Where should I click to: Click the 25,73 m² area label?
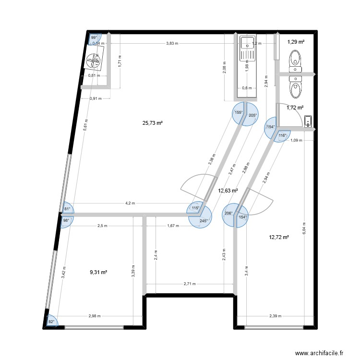[153, 123]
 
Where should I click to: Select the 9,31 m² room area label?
[98, 272]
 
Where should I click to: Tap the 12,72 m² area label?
[279, 237]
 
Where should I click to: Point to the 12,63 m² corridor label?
[228, 191]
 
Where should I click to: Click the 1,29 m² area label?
[296, 42]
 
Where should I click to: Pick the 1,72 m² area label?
[295, 108]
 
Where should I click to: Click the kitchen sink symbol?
[247, 48]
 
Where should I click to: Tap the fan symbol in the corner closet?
[94, 60]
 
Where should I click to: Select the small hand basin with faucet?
[308, 121]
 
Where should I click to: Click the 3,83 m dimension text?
[172, 43]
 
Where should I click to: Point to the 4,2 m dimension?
[130, 203]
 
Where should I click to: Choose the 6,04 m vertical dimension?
[304, 228]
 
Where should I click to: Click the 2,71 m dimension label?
[190, 284]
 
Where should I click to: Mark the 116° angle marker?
[282, 136]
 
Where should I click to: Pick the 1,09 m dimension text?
[297, 140]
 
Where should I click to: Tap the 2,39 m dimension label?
[276, 316]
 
